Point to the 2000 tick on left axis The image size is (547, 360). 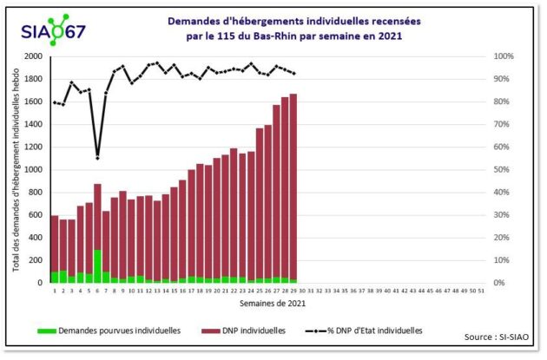point(32,56)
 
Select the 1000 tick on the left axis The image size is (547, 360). point(32,169)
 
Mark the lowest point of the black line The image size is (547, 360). point(97,158)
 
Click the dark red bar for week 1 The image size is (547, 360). point(55,244)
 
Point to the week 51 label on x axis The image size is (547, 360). point(481,292)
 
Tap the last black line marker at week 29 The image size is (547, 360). point(293,74)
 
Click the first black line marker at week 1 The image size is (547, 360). point(54,102)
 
